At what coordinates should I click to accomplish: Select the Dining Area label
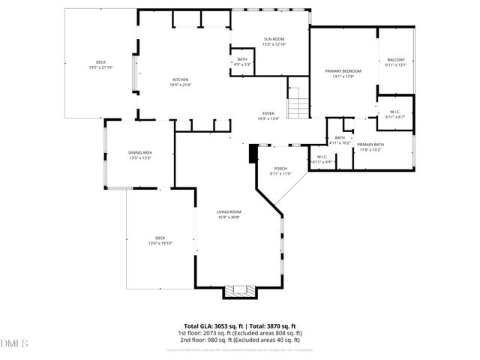[x=140, y=155]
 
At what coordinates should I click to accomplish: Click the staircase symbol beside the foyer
[x=298, y=103]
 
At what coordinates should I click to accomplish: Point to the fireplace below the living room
[x=240, y=291]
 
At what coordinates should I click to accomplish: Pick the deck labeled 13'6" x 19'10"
[x=160, y=241]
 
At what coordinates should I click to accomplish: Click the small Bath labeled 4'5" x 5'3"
[x=242, y=61]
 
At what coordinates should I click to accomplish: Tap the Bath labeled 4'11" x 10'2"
[x=340, y=140]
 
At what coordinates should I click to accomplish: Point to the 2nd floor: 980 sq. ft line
[x=239, y=340]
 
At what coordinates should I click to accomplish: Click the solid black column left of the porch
[x=253, y=153]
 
